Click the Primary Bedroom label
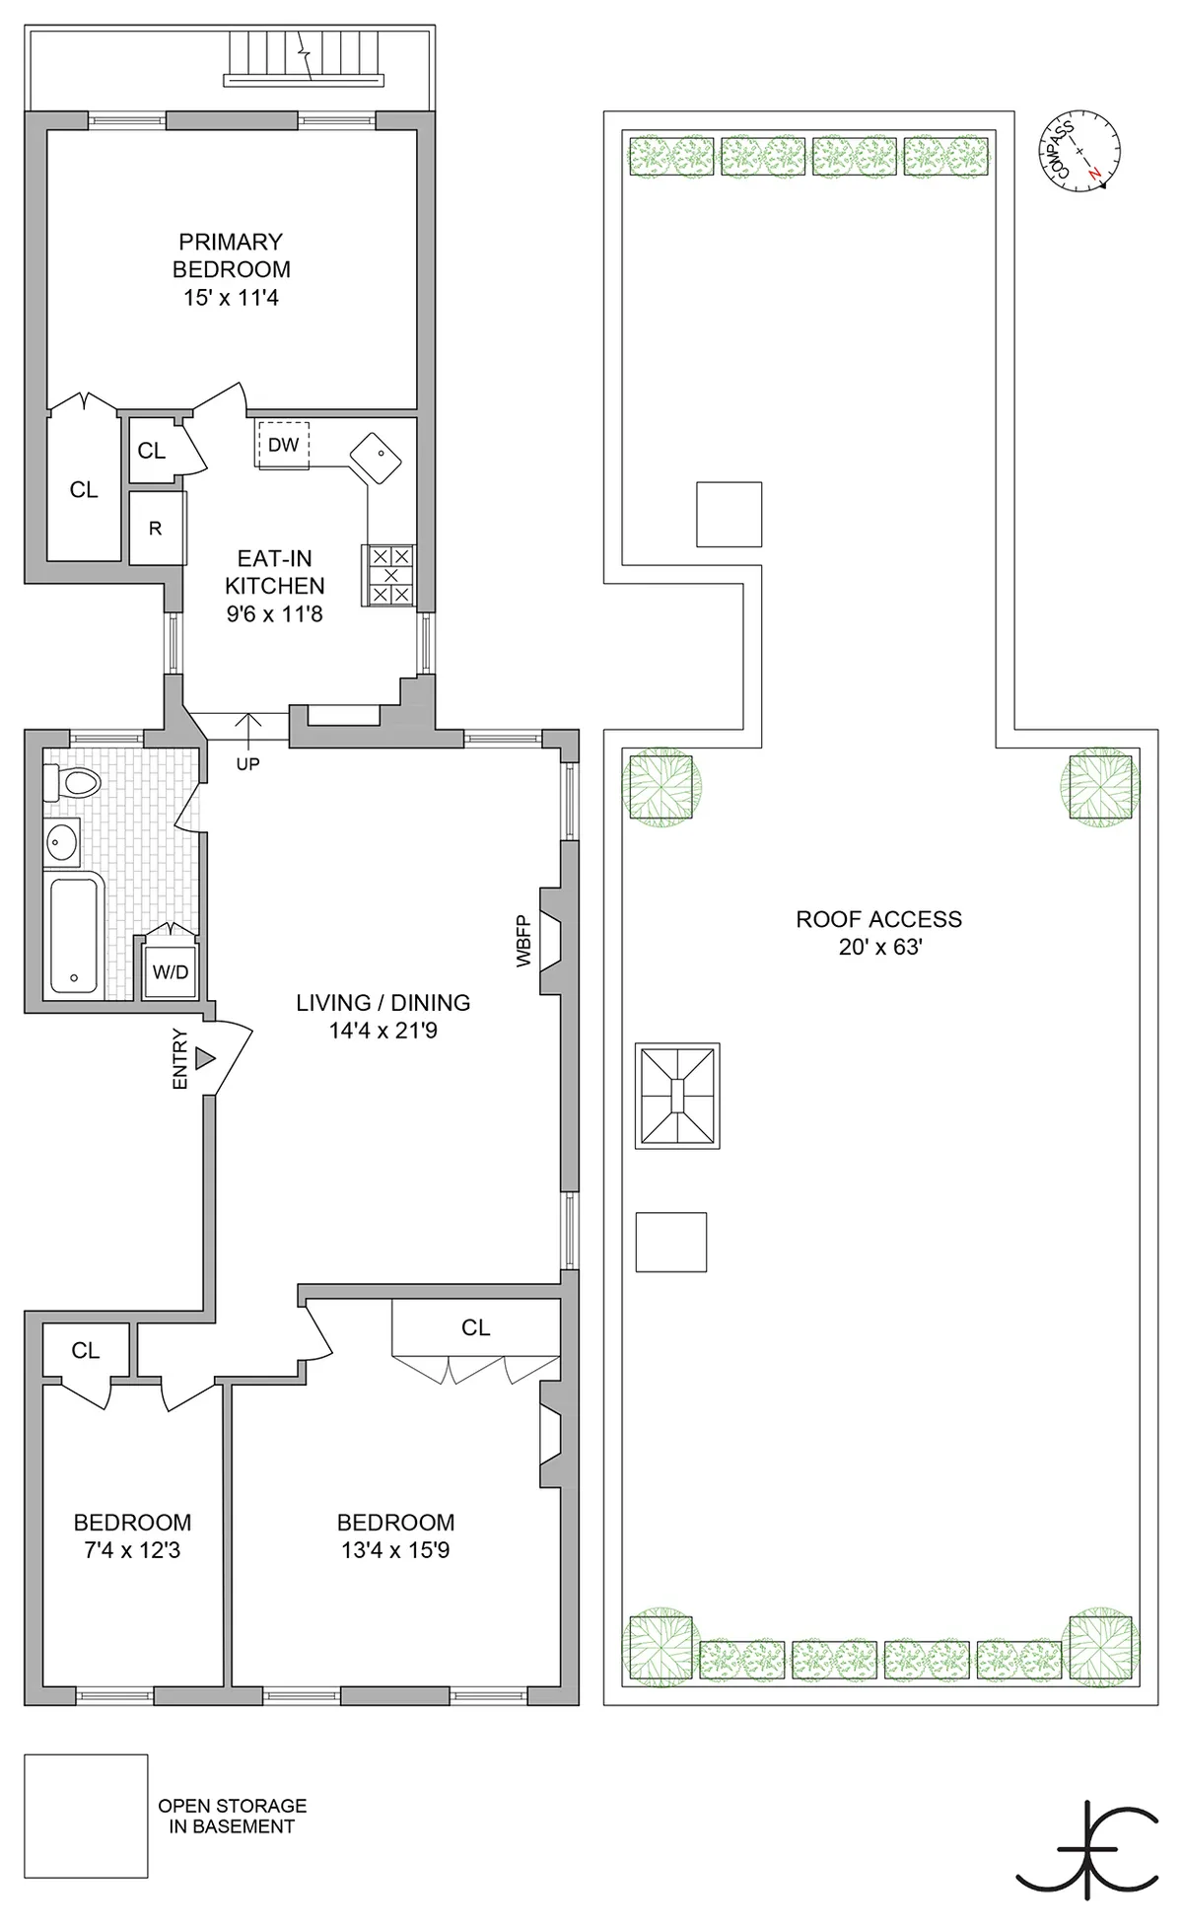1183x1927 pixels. pyautogui.click(x=231, y=255)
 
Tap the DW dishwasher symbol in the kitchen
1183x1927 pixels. pyautogui.click(x=283, y=445)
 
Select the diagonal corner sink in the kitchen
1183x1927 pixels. pyautogui.click(x=376, y=458)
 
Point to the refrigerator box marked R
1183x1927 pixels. pyautogui.click(x=156, y=529)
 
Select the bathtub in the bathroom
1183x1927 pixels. pyautogui.click(x=75, y=934)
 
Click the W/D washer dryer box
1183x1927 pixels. pyautogui.click(x=170, y=972)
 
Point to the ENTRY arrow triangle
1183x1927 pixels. pyautogui.click(x=205, y=1059)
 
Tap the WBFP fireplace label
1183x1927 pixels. pyautogui.click(x=523, y=941)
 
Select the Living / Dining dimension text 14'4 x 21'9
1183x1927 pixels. pyautogui.click(x=383, y=1031)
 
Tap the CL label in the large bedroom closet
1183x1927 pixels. pyautogui.click(x=475, y=1327)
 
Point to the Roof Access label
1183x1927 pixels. pyautogui.click(x=878, y=919)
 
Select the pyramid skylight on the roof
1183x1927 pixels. pyautogui.click(x=677, y=1095)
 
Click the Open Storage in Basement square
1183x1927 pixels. pyautogui.click(x=86, y=1816)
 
